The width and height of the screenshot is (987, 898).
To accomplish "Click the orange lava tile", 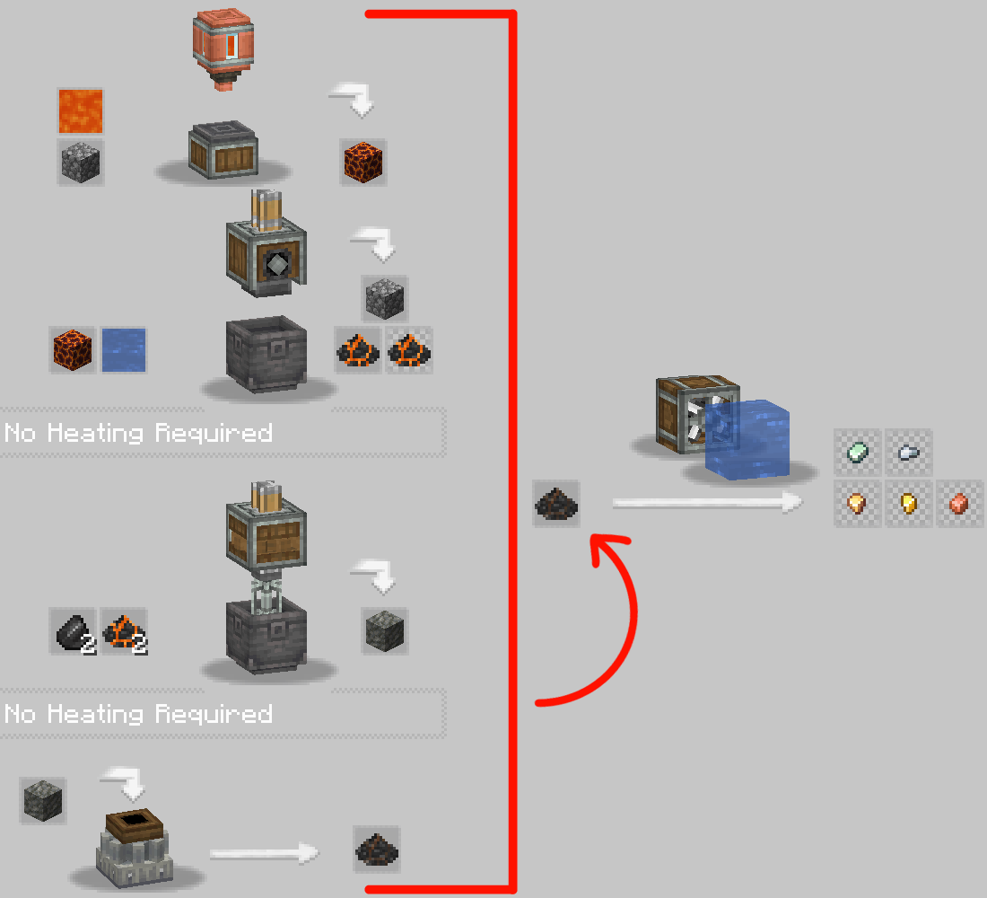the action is [x=81, y=111].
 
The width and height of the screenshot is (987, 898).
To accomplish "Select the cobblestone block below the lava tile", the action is [x=81, y=163].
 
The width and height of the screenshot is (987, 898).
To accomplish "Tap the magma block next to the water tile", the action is [x=73, y=349].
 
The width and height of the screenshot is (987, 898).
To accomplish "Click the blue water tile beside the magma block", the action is [x=124, y=349].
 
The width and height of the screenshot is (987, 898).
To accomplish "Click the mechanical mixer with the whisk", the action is [x=266, y=545].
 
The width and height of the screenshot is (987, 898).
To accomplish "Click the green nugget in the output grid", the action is [x=857, y=452].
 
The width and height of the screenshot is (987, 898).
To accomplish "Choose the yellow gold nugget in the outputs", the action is [x=908, y=503].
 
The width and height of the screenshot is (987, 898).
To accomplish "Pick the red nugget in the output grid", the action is [x=958, y=503].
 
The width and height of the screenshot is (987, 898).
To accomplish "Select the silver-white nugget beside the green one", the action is [x=908, y=452].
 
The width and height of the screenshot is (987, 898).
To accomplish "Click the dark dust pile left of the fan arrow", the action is [x=555, y=504].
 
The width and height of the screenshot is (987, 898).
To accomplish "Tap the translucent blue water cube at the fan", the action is [x=747, y=439].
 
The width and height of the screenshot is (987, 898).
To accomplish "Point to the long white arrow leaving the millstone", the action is [x=265, y=854].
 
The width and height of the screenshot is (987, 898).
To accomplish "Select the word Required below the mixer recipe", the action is [x=214, y=713].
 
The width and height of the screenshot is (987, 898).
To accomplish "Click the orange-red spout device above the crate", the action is [x=223, y=49].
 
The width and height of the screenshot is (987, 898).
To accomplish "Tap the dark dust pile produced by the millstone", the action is [x=377, y=849].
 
